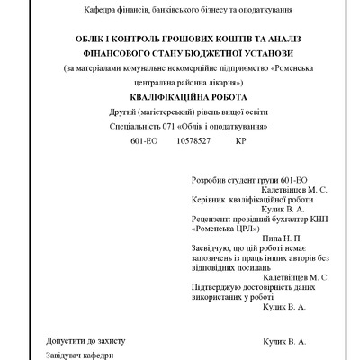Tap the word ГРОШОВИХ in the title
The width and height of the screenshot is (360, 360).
point(186,40)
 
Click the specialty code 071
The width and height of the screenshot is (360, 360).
point(170,128)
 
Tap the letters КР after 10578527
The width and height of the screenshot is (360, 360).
point(240,142)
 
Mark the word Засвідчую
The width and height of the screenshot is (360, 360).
point(215,246)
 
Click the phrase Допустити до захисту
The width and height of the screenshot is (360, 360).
point(85,341)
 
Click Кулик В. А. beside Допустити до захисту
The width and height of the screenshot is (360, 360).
point(284,342)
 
